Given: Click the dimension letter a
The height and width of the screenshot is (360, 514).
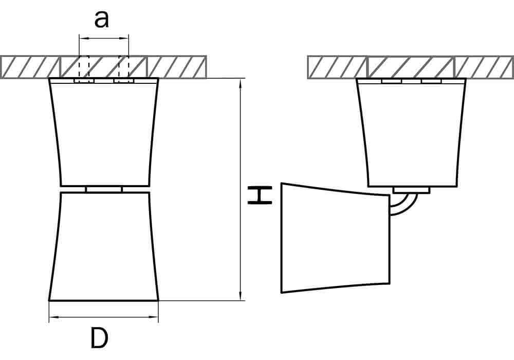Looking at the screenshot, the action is pyautogui.click(x=101, y=20).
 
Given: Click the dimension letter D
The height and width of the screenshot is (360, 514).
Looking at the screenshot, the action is pyautogui.click(x=99, y=338).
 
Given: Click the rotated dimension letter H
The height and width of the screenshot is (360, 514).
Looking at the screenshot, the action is pyautogui.click(x=260, y=195).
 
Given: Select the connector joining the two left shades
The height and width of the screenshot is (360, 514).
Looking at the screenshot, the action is pyautogui.click(x=104, y=189).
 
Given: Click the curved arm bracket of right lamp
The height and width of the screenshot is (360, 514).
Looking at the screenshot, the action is pyautogui.click(x=403, y=206).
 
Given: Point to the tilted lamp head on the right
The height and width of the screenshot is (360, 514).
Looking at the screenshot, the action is pyautogui.click(x=335, y=238).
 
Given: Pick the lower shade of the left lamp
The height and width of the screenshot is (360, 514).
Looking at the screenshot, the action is pyautogui.click(x=104, y=246).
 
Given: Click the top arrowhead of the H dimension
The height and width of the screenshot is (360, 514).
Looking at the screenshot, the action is pyautogui.click(x=241, y=83).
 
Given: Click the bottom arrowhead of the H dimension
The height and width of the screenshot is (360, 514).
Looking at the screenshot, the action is pyautogui.click(x=241, y=296).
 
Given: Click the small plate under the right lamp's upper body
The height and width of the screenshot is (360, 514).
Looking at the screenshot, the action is pyautogui.click(x=411, y=190).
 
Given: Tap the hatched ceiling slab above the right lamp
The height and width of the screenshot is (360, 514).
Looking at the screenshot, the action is pyautogui.click(x=410, y=67).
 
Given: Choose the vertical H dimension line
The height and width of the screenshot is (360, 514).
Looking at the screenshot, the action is pyautogui.click(x=241, y=189).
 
